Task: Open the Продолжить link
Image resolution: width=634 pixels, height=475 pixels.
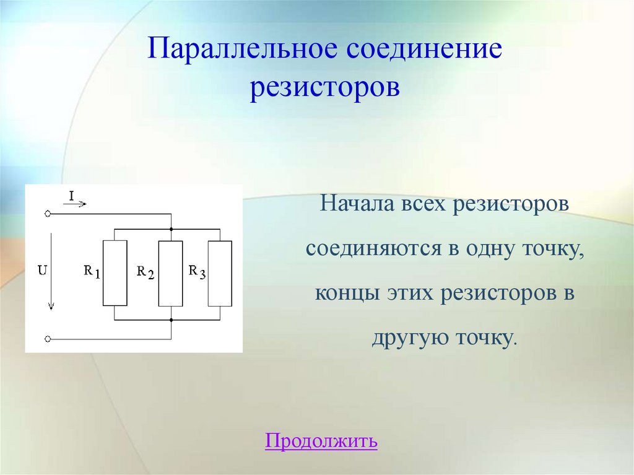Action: click(321, 441)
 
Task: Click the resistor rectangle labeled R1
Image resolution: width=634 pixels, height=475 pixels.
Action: click(115, 273)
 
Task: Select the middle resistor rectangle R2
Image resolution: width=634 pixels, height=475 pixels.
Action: click(171, 273)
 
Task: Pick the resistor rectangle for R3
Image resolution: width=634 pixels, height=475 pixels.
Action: click(220, 273)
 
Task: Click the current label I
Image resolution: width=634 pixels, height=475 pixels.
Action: click(71, 196)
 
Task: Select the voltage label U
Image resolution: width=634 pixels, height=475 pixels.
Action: click(41, 271)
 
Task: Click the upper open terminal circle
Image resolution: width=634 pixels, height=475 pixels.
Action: click(48, 214)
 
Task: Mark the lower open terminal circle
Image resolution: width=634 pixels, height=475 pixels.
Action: click(48, 339)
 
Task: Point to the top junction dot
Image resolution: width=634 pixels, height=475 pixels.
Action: click(171, 229)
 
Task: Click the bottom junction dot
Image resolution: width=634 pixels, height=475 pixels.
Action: click(171, 320)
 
